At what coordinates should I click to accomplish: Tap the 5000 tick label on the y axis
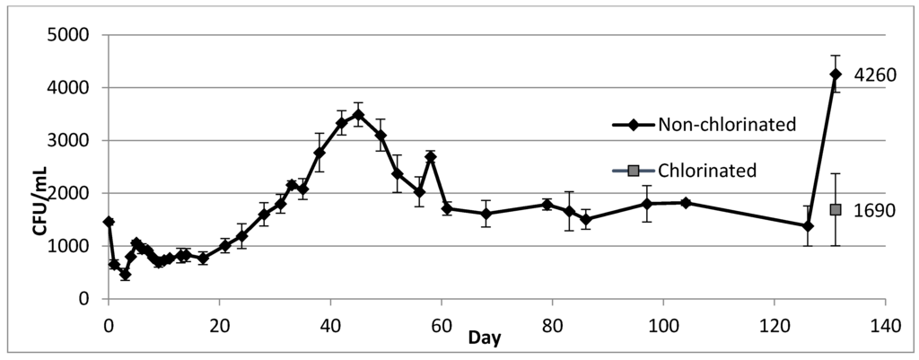coord(71,36)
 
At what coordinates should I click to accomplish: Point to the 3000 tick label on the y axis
coord(71,141)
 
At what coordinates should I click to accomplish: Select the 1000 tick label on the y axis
coord(71,246)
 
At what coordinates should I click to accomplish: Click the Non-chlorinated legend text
coord(727,125)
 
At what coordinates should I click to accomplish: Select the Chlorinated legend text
coord(706,171)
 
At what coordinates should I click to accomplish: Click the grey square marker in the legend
coord(633,171)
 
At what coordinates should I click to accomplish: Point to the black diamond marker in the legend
coord(633,125)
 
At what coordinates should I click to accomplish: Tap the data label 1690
coord(875,210)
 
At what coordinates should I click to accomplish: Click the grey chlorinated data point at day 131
coord(836,209)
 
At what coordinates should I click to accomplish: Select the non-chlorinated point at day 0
coord(109,222)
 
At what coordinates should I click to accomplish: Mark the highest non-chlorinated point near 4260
coord(836,75)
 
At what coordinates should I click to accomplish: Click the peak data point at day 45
coord(358,115)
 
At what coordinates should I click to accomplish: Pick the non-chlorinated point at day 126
coord(808,226)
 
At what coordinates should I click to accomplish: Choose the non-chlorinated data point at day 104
coord(686,203)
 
